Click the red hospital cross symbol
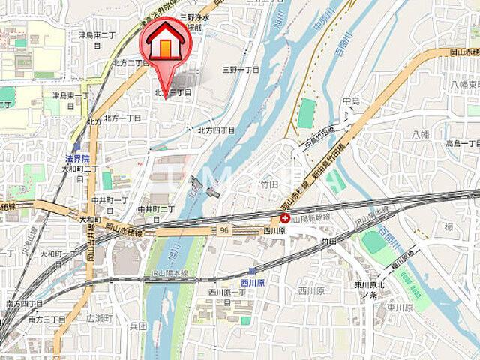click(x=285, y=218)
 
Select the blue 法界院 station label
click(x=77, y=159)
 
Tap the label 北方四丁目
click(x=216, y=130)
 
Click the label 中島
click(x=351, y=100)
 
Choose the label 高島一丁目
click(x=462, y=142)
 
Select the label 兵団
click(x=137, y=326)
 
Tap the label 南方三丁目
click(x=46, y=319)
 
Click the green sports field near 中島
click(x=307, y=113)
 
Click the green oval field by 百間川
click(x=373, y=242)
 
